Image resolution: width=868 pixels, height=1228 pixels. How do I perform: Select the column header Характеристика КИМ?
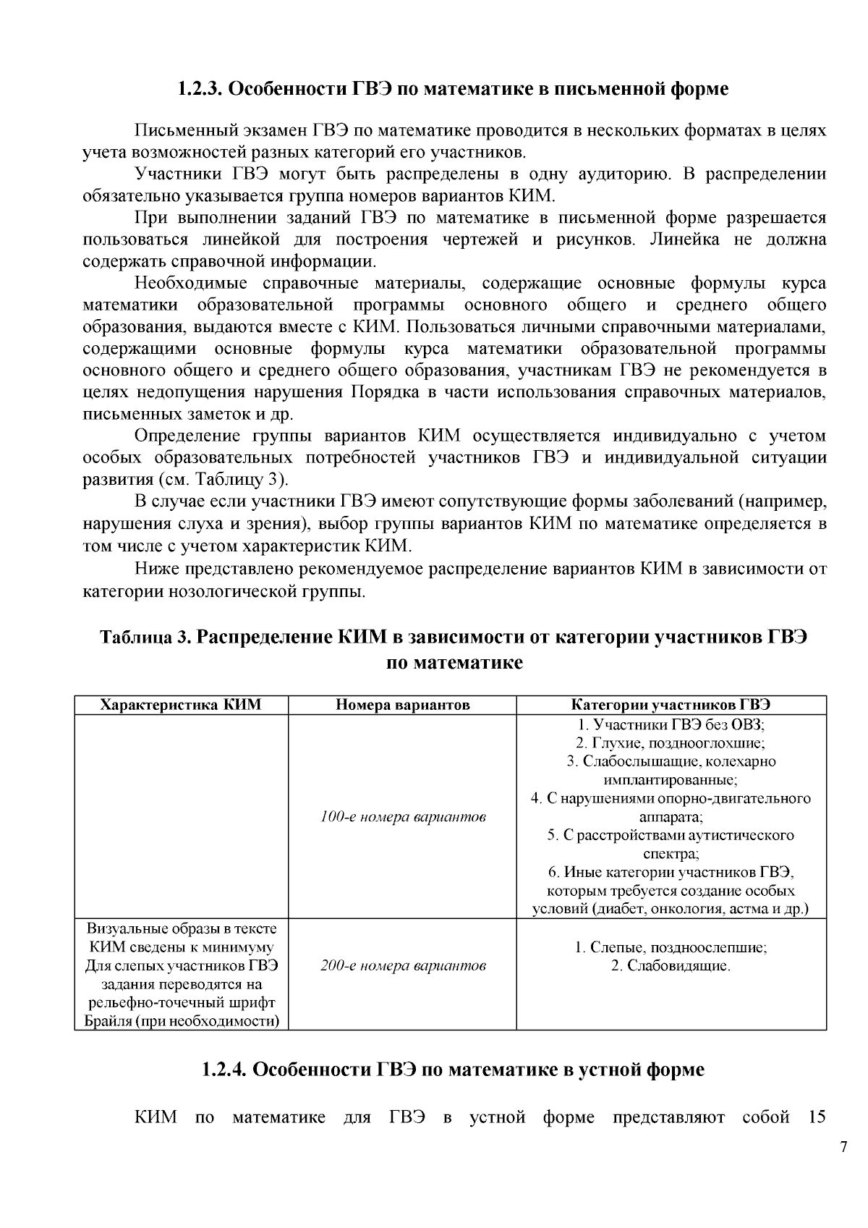pos(181,705)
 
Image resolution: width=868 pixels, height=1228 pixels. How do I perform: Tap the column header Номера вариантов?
pos(403,705)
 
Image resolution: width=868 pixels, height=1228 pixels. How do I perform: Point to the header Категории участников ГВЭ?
pos(671,705)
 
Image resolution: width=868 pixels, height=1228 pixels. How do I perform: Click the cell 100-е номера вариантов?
pos(403,817)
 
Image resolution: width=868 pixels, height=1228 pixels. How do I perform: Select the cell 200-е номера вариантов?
pos(403,965)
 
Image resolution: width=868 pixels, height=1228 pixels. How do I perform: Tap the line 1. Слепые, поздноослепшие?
pos(671,947)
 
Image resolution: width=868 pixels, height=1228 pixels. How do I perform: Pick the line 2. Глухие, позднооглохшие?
pos(671,742)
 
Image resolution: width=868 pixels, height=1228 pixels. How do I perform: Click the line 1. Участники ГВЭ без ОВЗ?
pos(671,724)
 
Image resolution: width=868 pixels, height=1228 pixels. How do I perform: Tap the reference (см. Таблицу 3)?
pos(222,480)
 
